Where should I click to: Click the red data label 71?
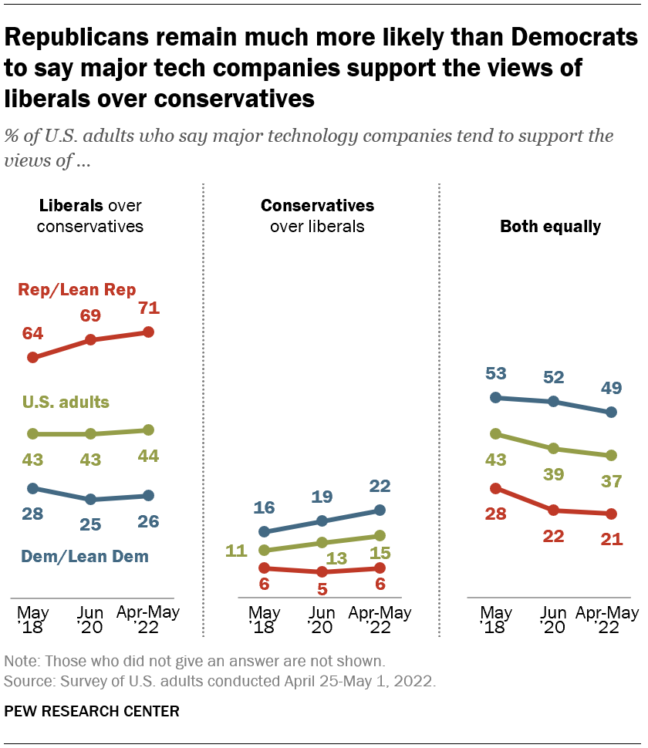coord(150,309)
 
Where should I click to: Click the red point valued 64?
coord(32,357)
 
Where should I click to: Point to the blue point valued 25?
coord(91,499)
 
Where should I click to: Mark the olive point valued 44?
coord(149,430)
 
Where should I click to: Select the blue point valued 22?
coord(380,509)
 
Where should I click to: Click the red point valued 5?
coord(322,571)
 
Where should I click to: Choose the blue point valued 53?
coord(496,398)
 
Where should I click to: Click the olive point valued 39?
coord(554,448)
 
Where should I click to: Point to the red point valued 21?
coord(612,514)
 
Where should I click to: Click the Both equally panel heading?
coord(550,227)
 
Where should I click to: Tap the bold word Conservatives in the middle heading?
coord(317,206)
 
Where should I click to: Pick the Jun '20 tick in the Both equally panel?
coord(554,621)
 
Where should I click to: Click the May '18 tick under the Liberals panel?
coord(32,621)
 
